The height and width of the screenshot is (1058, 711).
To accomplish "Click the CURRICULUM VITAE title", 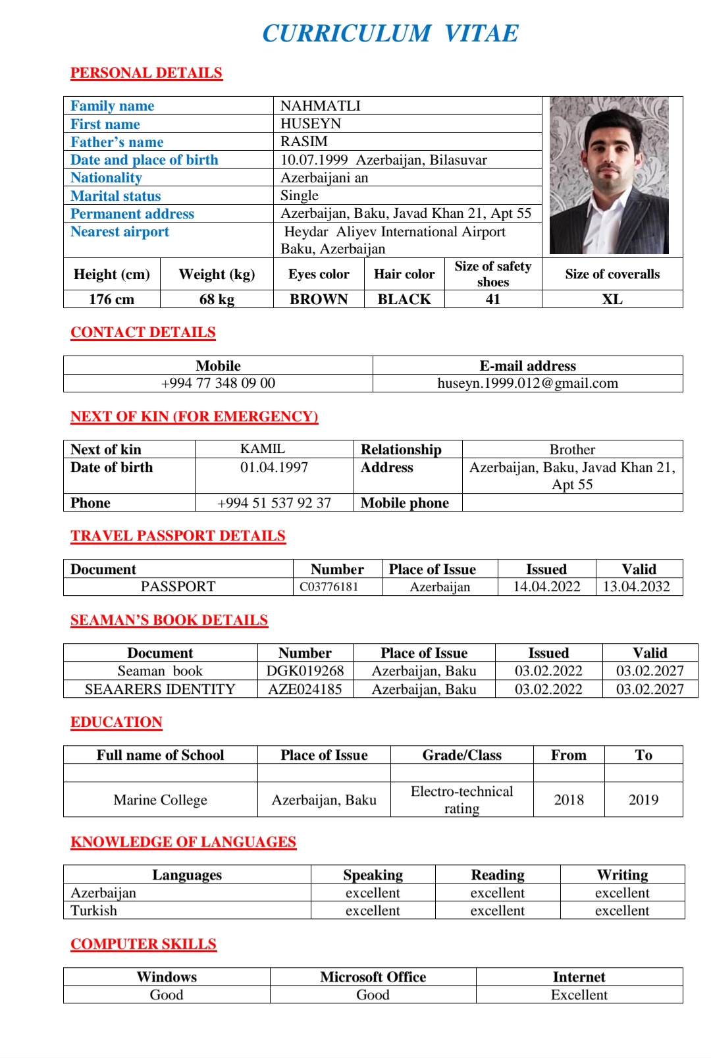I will pos(390,33).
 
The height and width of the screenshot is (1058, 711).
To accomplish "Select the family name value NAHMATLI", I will pos(321,105).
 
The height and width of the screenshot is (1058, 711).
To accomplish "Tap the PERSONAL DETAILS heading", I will pos(146,72).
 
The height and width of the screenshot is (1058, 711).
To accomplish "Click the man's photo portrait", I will pos(609,176).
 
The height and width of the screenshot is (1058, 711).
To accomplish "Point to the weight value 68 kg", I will pos(217,299).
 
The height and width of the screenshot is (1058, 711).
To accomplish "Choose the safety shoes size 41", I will pos(493,299).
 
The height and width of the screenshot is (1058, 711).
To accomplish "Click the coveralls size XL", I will pos(612,299).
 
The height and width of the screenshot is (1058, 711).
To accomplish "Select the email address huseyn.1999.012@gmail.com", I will pos(527,383).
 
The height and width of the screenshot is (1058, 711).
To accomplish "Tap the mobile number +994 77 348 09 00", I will pos(218,383).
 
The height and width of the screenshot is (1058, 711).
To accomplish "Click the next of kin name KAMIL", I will pos(263,449).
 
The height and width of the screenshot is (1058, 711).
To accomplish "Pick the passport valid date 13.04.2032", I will pos(636,587).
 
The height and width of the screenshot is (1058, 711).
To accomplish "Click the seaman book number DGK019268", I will pos(305,671).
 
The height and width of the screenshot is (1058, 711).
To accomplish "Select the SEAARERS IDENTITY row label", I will pos(160,689).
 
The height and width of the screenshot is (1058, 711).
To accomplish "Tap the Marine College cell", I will pos(160,799).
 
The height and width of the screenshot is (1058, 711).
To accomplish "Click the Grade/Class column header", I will pos(461,755).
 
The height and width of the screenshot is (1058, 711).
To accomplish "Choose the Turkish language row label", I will pos(94,911).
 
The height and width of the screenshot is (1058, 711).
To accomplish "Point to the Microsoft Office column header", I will pos(373,977).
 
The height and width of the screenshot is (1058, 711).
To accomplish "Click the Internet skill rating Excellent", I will pos(579,995).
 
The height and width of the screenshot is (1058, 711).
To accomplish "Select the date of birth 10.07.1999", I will pos(314,160).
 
